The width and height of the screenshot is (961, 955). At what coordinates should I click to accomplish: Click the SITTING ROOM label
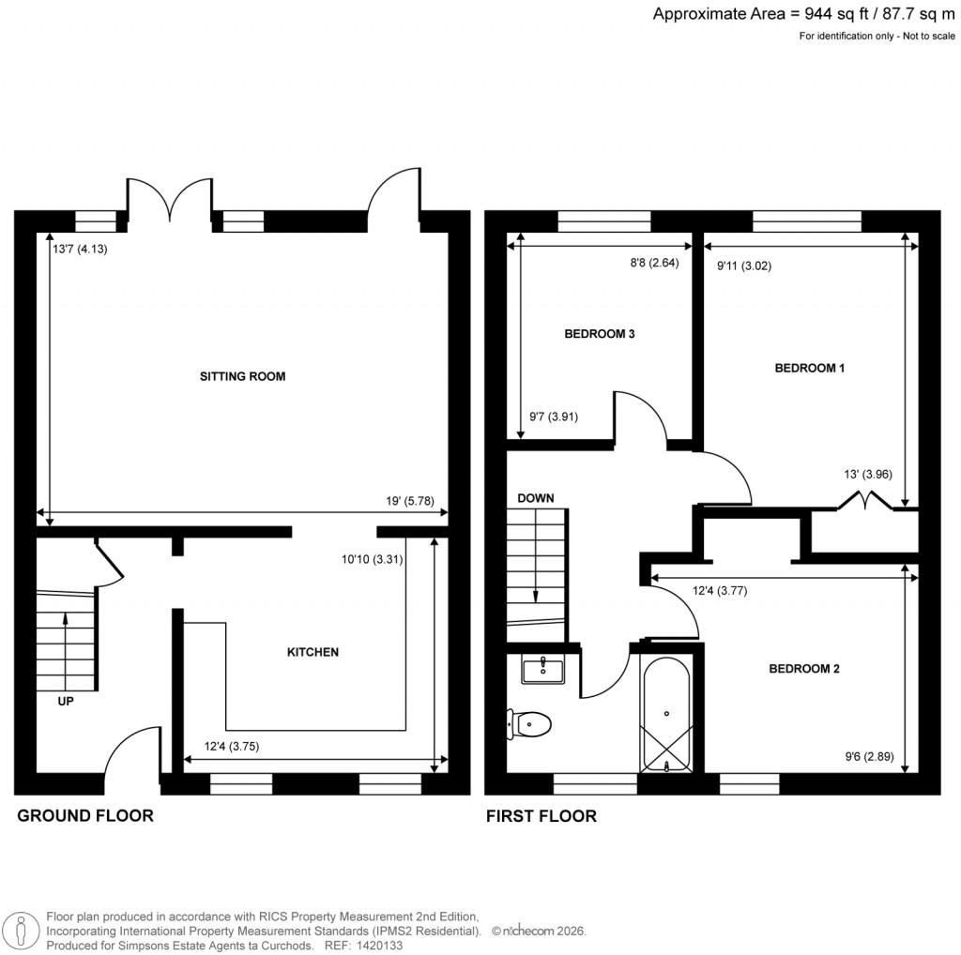[242, 376]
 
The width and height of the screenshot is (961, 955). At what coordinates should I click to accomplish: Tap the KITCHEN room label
[313, 651]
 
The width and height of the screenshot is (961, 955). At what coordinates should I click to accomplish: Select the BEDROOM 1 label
[809, 369]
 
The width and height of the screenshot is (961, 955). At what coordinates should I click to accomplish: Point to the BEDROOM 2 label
[803, 669]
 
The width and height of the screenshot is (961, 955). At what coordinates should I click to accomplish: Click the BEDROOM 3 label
[600, 334]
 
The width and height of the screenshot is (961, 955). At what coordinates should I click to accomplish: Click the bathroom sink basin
[542, 670]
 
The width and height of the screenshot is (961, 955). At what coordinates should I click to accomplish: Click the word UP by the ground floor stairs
[66, 700]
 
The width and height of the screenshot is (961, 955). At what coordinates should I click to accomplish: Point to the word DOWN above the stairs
[535, 497]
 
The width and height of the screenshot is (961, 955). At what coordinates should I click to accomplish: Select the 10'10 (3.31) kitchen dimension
[373, 560]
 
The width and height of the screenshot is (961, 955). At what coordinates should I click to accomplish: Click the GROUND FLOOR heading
[85, 816]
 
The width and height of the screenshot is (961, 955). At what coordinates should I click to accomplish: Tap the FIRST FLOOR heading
[541, 816]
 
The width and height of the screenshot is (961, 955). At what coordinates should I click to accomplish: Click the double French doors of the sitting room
[170, 200]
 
